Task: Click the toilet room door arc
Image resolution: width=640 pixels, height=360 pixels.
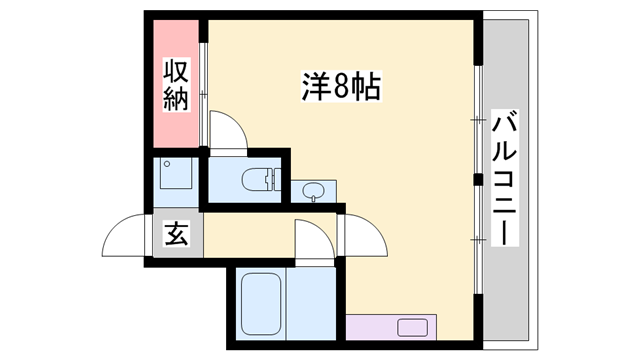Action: (228, 131)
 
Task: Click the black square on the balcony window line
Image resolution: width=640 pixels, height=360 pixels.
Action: (478, 180)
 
